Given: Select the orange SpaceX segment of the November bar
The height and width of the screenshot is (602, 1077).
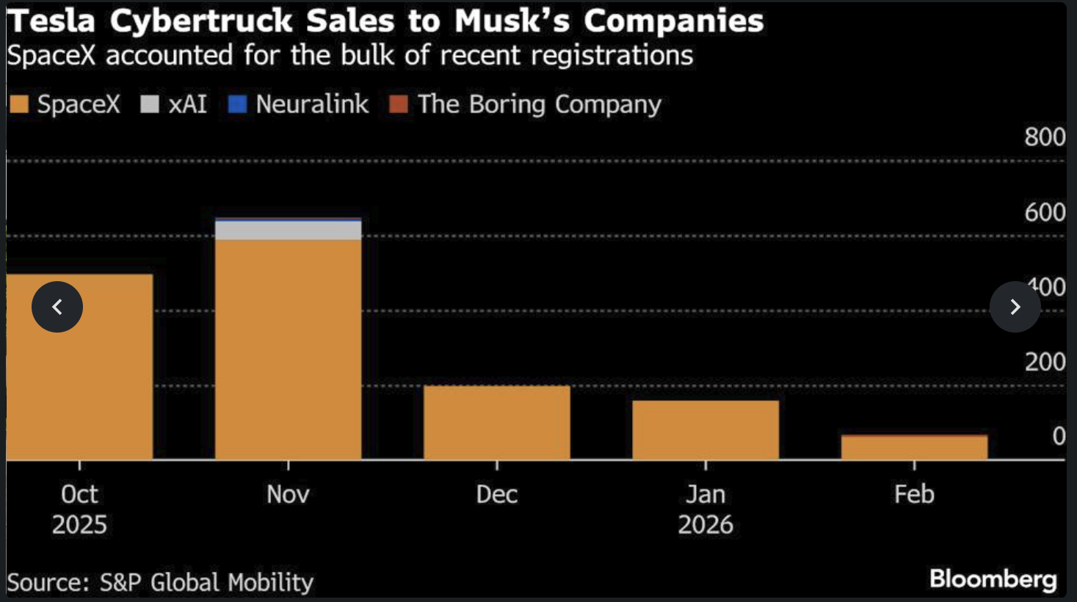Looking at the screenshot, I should (288, 349).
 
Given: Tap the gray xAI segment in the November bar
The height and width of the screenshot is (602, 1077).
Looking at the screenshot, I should (288, 231).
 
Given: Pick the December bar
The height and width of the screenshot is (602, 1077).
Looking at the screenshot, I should (497, 423).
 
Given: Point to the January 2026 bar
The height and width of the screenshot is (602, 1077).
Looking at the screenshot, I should (706, 430).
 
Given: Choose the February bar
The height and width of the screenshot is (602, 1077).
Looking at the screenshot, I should (914, 448).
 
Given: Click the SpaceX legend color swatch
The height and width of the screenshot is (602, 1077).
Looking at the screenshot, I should (19, 104).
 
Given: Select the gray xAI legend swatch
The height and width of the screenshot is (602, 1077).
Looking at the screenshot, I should (150, 104).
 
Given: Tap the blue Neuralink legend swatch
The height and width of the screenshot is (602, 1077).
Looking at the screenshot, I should (237, 104).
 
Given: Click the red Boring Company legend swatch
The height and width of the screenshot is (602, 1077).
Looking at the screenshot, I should (399, 104).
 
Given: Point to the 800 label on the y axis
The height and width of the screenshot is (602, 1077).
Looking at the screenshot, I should (1045, 137).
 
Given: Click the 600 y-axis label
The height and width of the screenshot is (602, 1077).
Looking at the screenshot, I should (1045, 213).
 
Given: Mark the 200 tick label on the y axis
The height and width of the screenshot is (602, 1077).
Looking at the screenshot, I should (1045, 362).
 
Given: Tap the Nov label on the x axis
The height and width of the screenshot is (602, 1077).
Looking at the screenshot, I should (288, 494).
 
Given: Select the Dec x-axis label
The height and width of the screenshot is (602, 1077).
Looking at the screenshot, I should (497, 494).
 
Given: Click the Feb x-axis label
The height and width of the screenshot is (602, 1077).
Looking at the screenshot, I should (914, 494).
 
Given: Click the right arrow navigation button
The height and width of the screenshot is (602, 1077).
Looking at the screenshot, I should (1015, 307).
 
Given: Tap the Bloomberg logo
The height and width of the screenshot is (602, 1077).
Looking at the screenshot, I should (993, 579).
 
